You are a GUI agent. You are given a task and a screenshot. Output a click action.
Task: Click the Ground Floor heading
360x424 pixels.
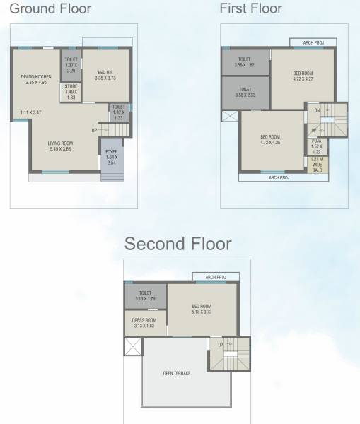tap(50, 8)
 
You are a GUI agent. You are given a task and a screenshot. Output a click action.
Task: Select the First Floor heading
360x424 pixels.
tap(250, 8)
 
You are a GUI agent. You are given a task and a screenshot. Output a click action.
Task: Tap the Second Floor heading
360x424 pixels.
tap(178, 245)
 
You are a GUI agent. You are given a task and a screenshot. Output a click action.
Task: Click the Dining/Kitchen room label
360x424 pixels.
tap(35, 79)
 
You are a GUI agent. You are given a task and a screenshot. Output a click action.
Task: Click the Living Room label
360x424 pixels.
tap(61, 146)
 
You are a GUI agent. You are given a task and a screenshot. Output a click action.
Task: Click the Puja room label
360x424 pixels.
tap(316, 146)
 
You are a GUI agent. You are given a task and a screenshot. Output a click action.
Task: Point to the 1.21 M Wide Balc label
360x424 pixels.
tap(317, 164)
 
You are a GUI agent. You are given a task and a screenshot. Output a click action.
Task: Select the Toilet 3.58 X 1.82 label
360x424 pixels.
tap(245, 61)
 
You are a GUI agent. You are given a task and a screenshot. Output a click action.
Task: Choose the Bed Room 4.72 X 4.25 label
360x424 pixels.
tap(269, 139)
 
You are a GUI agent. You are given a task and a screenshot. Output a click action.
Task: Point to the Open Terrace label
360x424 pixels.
tap(176, 372)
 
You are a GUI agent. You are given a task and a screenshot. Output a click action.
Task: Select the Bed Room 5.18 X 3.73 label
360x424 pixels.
tap(202, 309)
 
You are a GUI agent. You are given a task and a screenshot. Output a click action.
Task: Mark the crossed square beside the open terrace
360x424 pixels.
tap(133, 346)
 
